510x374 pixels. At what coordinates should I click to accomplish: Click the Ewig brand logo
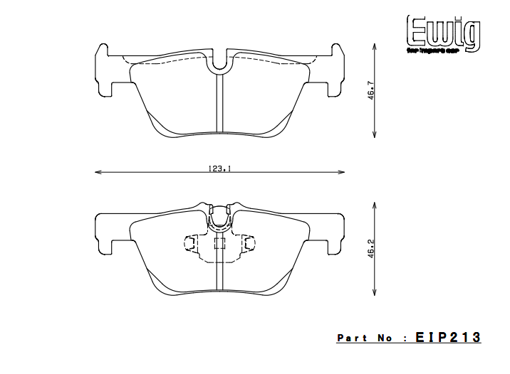pos(442,32)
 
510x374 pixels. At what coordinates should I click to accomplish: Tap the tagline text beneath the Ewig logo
pos(442,50)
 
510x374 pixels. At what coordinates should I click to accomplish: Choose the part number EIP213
pos(449,338)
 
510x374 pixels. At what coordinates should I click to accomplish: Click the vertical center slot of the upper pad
pos(219,103)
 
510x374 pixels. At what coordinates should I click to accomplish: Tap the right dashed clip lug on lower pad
pos(249,244)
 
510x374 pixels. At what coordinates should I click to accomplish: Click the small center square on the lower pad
pos(219,244)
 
